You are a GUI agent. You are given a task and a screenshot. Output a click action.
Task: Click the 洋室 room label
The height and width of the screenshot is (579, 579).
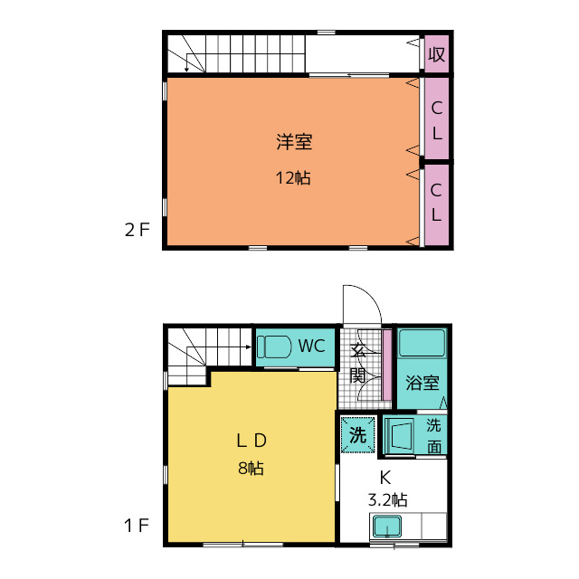click(294, 142)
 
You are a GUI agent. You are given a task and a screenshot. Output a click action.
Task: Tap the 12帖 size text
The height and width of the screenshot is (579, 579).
click(293, 178)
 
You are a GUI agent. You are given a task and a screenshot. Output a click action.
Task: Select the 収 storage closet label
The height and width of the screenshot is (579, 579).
click(436, 54)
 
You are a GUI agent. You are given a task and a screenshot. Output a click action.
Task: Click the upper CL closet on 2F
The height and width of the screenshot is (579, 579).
click(436, 119)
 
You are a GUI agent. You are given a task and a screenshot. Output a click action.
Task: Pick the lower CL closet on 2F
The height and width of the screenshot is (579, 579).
click(436, 204)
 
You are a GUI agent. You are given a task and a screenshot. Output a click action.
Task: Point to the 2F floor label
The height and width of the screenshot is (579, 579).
click(137, 230)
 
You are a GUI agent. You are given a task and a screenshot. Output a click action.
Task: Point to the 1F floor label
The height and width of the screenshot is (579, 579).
click(137, 525)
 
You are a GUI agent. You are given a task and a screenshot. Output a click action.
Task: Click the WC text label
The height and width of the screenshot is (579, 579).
click(311, 346)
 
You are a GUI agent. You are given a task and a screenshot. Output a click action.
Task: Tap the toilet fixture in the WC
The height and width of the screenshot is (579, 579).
click(274, 346)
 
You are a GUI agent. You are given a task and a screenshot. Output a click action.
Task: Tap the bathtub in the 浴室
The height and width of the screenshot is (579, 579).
click(422, 342)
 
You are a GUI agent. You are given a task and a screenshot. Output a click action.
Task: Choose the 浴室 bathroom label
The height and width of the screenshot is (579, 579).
click(422, 383)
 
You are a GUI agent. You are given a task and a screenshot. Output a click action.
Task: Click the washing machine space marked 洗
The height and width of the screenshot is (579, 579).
click(358, 434)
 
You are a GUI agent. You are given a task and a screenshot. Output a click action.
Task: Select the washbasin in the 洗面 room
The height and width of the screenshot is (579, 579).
click(400, 436)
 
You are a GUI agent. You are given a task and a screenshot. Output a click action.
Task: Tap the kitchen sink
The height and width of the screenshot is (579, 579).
click(386, 527)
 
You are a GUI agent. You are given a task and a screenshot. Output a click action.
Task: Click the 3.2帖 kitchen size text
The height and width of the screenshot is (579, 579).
click(388, 500)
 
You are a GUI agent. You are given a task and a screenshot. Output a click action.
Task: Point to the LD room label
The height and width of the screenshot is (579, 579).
click(252, 441)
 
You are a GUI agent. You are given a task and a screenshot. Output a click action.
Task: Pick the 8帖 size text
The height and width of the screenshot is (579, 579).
click(252, 469)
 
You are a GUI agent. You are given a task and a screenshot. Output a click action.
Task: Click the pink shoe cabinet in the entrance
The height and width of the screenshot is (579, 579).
click(386, 365)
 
